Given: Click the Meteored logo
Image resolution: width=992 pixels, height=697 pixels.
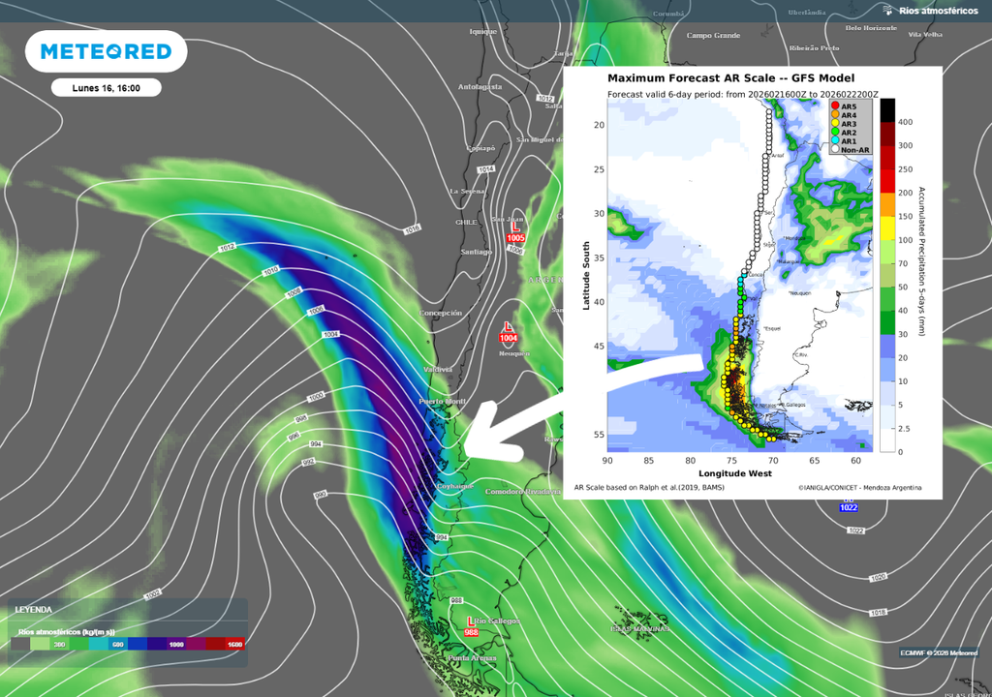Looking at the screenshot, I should click(107, 51).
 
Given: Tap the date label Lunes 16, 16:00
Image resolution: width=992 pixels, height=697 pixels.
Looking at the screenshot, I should click(106, 88).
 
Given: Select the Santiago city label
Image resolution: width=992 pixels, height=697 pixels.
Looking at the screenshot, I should click(476, 252).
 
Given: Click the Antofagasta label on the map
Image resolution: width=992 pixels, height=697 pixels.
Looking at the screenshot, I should click(480, 86).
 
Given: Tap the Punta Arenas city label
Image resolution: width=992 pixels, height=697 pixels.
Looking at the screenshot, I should click(472, 659).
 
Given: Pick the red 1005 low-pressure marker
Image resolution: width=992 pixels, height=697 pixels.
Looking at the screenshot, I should click(515, 232).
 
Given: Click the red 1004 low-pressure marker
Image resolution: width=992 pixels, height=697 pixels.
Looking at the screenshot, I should click(509, 332).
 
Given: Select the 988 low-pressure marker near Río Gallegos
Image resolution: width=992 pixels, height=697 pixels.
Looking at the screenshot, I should click(472, 625).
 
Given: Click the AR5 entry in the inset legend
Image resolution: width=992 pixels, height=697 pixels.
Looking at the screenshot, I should click(849, 106).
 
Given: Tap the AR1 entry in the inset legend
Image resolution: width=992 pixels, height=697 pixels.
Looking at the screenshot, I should click(849, 141).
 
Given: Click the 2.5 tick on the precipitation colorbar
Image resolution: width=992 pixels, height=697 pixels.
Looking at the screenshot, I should click(904, 428).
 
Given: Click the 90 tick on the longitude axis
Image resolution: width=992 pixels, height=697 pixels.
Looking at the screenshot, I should click(607, 461).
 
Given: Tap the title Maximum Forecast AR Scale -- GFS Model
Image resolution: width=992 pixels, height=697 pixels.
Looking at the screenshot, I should click(730, 78).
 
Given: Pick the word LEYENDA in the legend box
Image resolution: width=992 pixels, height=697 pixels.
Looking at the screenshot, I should click(33, 610).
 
